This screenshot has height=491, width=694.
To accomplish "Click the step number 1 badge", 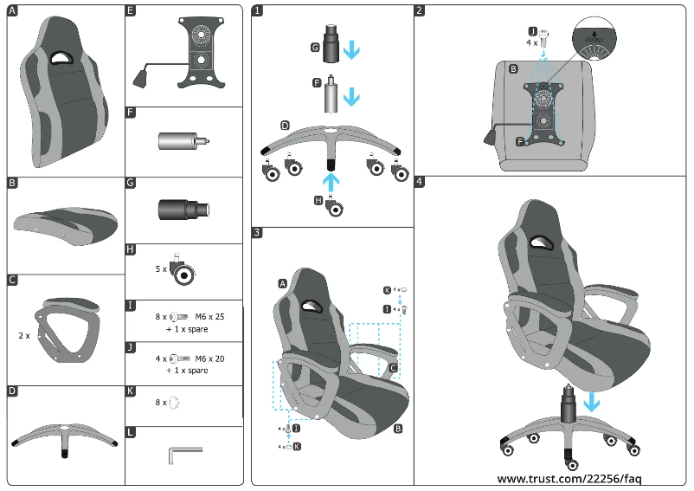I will click(x=258, y=11).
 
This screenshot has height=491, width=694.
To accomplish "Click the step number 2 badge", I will click(x=420, y=11).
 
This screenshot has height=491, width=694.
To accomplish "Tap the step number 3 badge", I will click(x=258, y=233).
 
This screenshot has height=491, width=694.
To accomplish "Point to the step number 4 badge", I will click(x=420, y=182).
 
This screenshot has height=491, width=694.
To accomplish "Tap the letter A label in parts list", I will click(x=12, y=11).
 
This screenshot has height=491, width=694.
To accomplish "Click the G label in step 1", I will click(x=315, y=48).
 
